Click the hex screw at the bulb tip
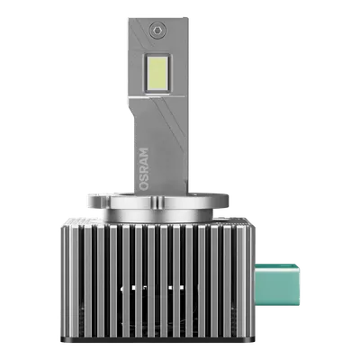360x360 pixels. pyautogui.click(x=157, y=30)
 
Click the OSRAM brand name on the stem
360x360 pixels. pyautogui.click(x=144, y=168)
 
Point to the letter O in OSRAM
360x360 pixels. pyautogui.click(x=144, y=185)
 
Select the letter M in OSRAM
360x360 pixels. pyautogui.click(x=144, y=152)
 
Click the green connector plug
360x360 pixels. pyautogui.click(x=277, y=284)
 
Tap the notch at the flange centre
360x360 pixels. pyautogui.click(x=157, y=202)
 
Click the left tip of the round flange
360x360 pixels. pyautogui.click(x=89, y=201)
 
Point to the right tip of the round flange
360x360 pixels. pyautogui.click(x=228, y=200)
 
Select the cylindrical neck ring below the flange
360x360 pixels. pyautogui.click(x=158, y=214)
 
